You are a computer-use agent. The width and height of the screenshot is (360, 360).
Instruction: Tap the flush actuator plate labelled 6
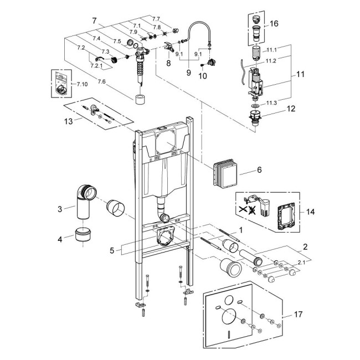[225, 174]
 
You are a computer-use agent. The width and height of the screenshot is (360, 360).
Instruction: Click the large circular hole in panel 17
[228, 319]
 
